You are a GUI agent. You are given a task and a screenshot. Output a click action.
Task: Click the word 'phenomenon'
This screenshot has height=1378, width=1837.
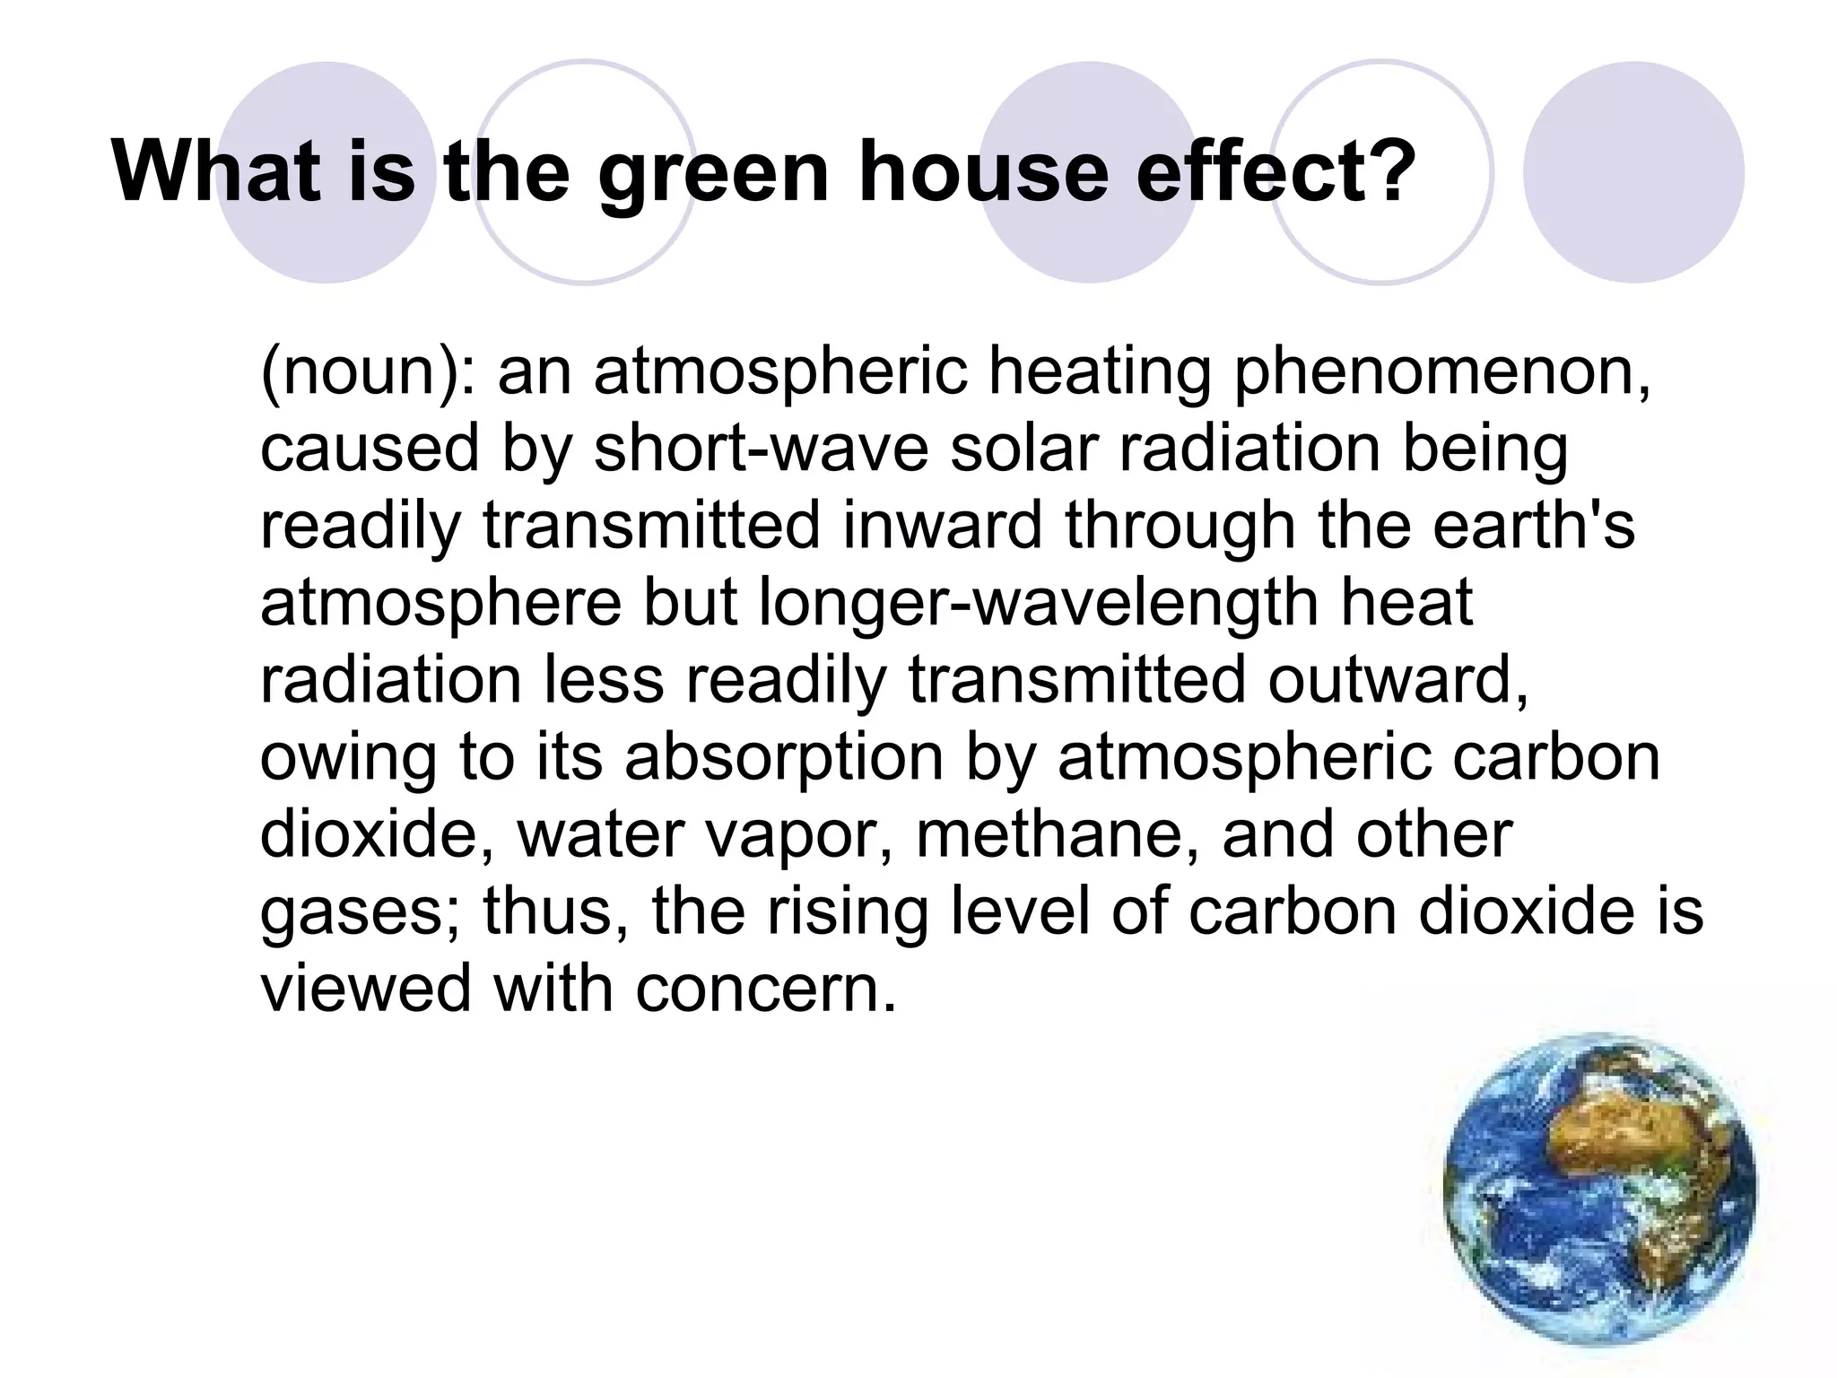pos(1440,371)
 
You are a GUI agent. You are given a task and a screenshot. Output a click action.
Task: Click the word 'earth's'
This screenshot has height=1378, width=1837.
pos(1533,526)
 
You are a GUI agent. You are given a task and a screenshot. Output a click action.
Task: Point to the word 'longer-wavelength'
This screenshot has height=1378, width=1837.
pos(1040,603)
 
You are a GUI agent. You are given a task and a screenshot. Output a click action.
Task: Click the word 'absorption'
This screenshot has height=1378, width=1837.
pos(784,757)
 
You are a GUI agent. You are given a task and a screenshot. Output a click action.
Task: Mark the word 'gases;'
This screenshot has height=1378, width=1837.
pos(361,911)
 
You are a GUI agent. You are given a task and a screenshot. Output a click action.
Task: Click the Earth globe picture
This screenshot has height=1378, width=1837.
pos(1600,1190)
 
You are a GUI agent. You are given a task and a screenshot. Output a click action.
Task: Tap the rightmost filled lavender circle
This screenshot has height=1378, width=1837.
pos(1632,172)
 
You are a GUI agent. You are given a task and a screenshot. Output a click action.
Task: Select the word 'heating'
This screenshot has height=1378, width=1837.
pos(1100,371)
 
